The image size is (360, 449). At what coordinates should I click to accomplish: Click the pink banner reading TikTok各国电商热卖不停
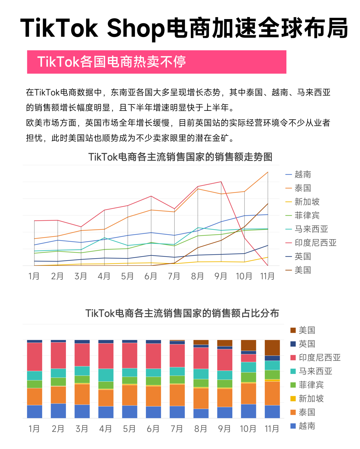click(x=156, y=62)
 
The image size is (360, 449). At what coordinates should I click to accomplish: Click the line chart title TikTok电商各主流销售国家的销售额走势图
click(x=180, y=157)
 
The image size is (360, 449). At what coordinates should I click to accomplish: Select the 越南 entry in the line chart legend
click(x=303, y=174)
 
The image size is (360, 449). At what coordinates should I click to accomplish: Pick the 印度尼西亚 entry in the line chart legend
click(x=315, y=243)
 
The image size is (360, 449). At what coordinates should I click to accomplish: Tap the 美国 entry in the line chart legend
click(x=303, y=270)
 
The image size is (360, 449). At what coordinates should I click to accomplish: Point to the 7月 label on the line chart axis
click(x=174, y=276)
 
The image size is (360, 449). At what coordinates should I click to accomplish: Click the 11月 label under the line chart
click(x=267, y=276)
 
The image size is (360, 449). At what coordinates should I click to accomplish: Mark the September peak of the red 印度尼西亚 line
click(x=221, y=182)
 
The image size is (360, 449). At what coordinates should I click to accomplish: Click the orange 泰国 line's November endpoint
click(x=268, y=172)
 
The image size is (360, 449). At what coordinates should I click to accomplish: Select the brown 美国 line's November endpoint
click(x=268, y=204)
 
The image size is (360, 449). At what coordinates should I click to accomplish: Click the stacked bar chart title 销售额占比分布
click(x=182, y=313)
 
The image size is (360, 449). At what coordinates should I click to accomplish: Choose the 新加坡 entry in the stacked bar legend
click(x=311, y=399)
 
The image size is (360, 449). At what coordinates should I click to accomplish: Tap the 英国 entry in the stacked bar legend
click(x=307, y=344)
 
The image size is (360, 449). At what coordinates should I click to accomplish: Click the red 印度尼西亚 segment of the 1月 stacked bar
click(x=34, y=357)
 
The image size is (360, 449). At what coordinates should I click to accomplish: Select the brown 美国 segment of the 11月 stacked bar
click(x=272, y=348)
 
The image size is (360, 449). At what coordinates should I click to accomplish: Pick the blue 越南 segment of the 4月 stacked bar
click(x=106, y=412)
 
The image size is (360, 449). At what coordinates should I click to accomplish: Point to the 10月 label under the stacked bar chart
click(x=248, y=429)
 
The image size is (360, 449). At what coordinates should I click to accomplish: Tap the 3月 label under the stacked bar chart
click(x=82, y=429)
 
